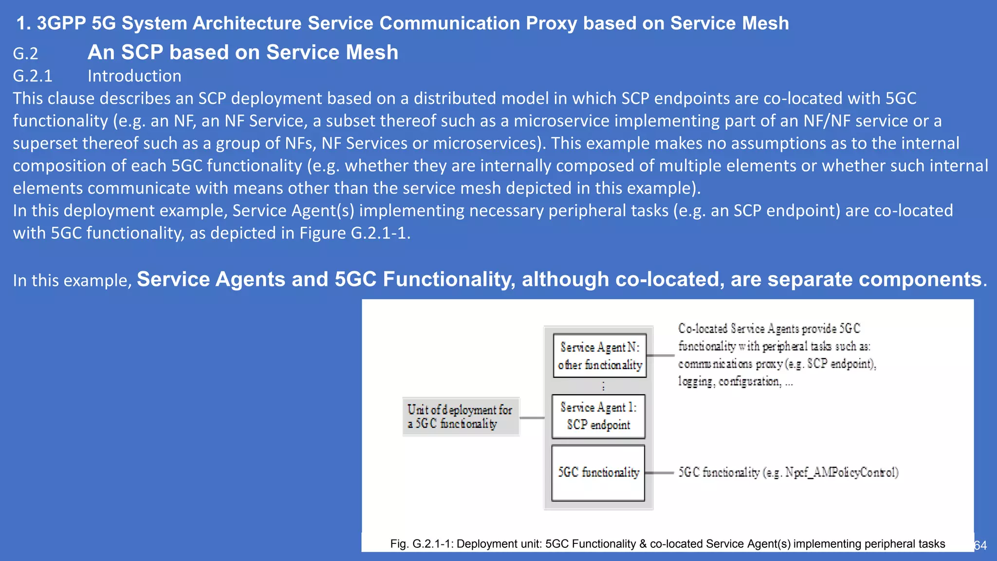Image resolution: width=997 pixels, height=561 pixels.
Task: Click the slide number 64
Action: tap(980, 545)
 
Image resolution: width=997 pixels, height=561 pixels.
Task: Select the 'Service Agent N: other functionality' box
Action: tap(600, 355)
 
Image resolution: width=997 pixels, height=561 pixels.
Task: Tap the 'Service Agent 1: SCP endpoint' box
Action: tap(598, 416)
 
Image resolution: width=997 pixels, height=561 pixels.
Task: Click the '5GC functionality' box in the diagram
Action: tap(598, 473)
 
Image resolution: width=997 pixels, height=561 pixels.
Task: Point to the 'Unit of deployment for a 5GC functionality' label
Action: tap(460, 417)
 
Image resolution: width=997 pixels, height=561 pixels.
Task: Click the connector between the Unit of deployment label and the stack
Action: tap(532, 418)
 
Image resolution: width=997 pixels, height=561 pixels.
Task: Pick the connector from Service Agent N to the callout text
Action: tap(661, 355)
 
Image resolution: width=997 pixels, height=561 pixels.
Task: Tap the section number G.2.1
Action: tap(32, 76)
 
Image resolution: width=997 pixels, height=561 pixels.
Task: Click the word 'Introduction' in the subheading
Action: tap(134, 76)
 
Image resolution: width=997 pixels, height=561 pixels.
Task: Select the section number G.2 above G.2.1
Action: tap(25, 53)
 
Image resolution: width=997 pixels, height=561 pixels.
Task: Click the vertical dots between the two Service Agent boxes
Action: tap(603, 386)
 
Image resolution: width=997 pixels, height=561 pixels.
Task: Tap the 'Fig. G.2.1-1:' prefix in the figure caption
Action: tap(421, 544)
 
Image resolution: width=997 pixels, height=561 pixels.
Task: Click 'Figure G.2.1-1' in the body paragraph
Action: tap(352, 233)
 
